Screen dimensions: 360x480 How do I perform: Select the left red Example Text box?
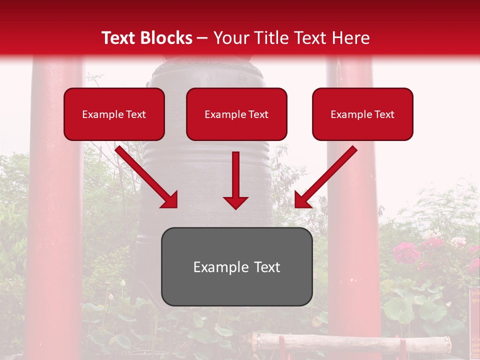[114, 114]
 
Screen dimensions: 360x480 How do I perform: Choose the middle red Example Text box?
[236, 114]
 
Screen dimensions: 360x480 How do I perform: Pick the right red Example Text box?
[362, 114]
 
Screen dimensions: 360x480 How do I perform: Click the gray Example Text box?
[236, 266]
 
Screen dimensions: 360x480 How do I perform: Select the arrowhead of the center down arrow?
[236, 202]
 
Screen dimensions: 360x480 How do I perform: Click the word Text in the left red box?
[135, 114]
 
